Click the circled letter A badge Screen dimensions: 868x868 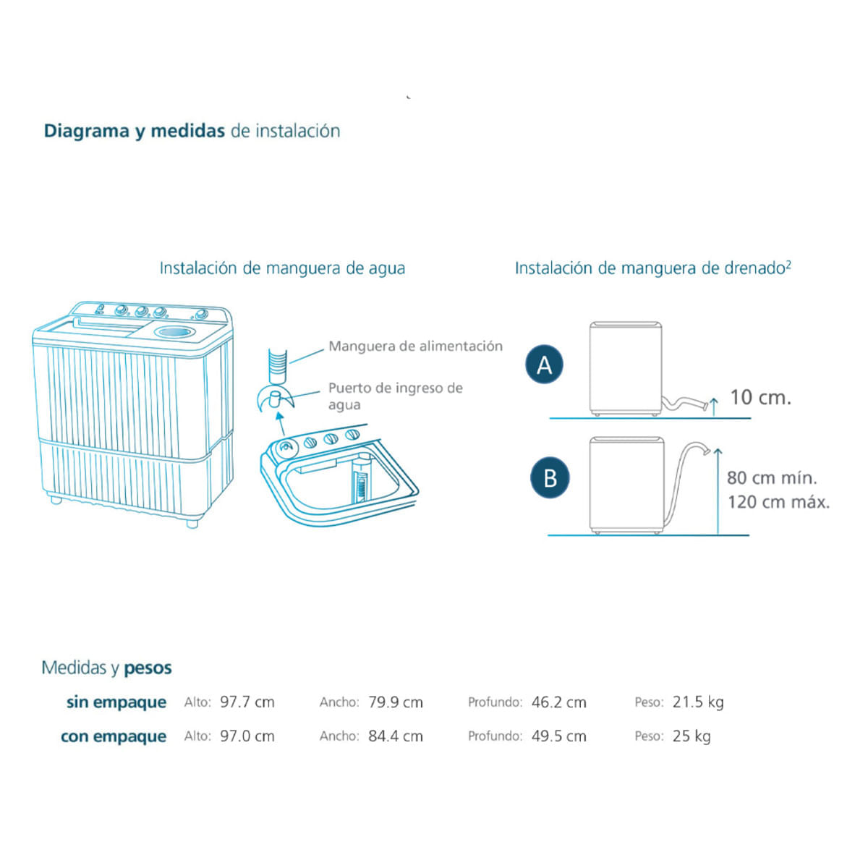tap(544, 365)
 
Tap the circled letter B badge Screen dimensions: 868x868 tap(550, 478)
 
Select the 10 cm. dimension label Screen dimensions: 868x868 tap(760, 397)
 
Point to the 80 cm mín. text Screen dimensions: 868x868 tap(772, 478)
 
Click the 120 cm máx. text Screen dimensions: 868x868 tap(779, 502)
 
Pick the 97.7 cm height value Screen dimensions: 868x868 tap(247, 702)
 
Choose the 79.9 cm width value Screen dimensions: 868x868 tap(396, 702)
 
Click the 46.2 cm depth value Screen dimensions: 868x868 tap(558, 702)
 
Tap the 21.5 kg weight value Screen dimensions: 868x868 tap(698, 702)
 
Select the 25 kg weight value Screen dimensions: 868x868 tap(692, 736)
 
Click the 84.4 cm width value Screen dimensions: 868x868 tap(396, 736)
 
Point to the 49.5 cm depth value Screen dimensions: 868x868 tap(558, 736)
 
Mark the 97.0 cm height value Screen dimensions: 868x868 tap(247, 736)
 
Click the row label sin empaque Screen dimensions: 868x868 tap(116, 702)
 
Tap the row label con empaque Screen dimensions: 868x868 tap(114, 736)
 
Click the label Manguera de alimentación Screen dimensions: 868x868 tap(415, 346)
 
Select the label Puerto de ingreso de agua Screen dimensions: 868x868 tap(395, 396)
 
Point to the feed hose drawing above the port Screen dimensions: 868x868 tap(277, 365)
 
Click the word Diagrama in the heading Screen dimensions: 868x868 tap(87, 131)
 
